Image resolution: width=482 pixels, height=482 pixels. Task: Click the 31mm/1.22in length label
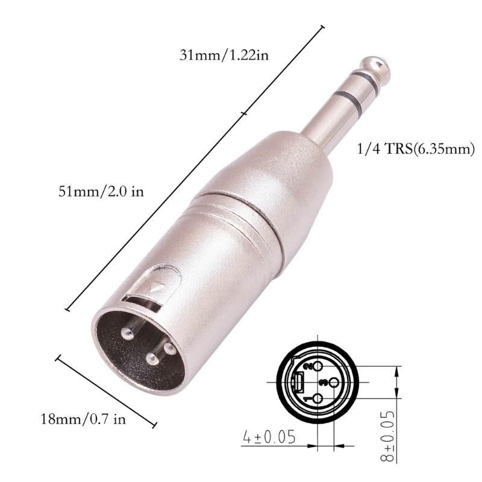(x=224, y=55)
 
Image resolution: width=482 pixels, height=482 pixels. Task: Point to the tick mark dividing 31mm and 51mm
(x=243, y=112)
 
